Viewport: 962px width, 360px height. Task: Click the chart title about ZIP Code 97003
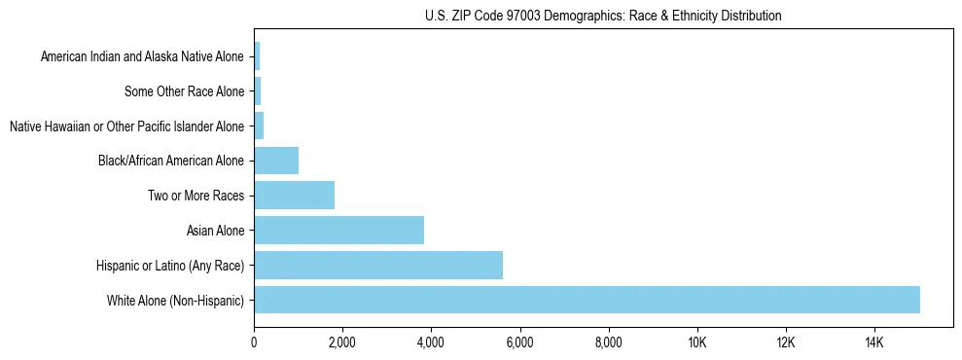603,17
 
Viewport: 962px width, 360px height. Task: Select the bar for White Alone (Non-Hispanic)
587,300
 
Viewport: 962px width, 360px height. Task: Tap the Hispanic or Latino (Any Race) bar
378,265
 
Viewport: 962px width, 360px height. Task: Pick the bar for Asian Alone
338,230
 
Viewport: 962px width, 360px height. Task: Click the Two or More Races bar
294,195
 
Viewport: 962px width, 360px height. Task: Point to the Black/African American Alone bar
276,161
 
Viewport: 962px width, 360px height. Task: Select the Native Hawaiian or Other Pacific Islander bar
259,126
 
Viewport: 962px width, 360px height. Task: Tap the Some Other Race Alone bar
258,91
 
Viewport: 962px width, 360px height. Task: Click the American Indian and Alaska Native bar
257,56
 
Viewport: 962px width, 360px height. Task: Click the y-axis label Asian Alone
216,231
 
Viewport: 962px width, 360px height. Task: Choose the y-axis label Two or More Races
196,196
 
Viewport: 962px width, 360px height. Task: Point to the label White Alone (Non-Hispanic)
176,300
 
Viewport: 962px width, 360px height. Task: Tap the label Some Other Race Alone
185,91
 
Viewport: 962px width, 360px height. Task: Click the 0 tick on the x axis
254,342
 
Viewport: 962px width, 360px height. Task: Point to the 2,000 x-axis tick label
342,342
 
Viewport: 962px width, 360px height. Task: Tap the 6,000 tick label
519,342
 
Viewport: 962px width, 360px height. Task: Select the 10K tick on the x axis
696,342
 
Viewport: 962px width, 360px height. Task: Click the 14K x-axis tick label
873,342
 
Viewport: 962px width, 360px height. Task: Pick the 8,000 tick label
608,342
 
